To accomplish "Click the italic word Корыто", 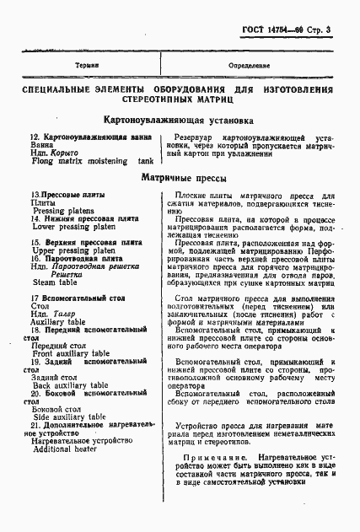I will (x=63, y=151).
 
